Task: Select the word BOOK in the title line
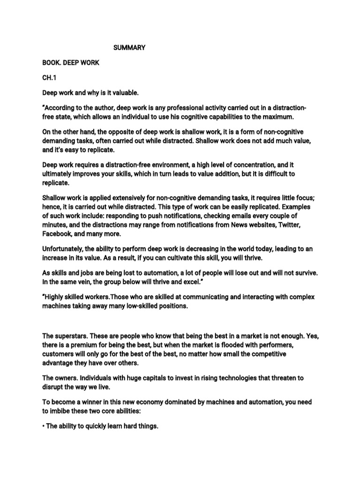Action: (x=51, y=63)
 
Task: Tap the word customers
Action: (x=59, y=354)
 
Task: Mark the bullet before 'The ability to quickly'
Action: (x=43, y=427)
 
